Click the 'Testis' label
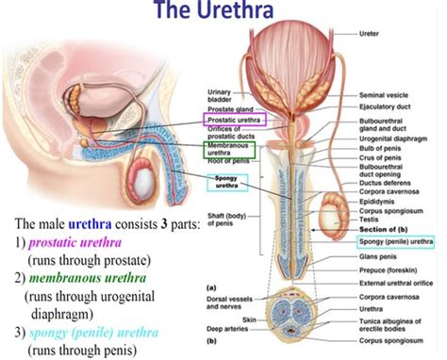pos(370,219)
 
